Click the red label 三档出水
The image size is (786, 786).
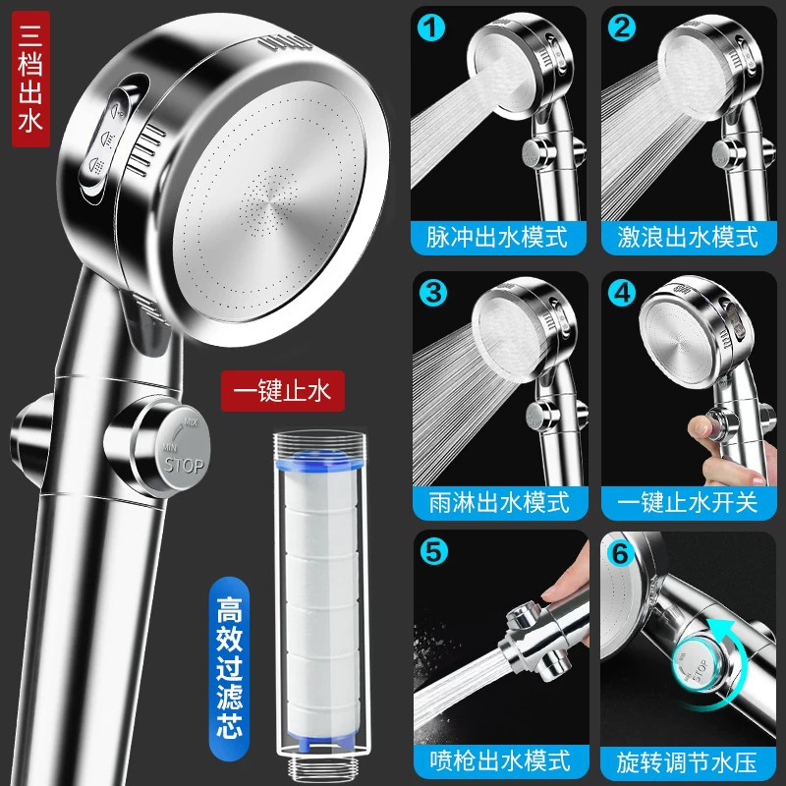coord(30,79)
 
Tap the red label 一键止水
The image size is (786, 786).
coord(283,391)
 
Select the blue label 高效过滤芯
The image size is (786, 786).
coord(229,668)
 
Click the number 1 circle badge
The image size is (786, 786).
coord(430,28)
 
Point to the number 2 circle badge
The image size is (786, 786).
coord(622,28)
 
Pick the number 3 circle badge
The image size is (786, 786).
coord(433,293)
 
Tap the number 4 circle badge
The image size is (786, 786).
coord(622,293)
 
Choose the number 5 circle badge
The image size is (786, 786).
coord(433,551)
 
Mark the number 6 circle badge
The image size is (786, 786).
coord(621,553)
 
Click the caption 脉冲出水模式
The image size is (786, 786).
coord(497,237)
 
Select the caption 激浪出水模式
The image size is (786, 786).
coord(687,237)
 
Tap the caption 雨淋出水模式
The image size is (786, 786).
coord(499,502)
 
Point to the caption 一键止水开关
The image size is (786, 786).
coord(687,502)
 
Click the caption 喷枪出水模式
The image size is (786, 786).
coord(500,760)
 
